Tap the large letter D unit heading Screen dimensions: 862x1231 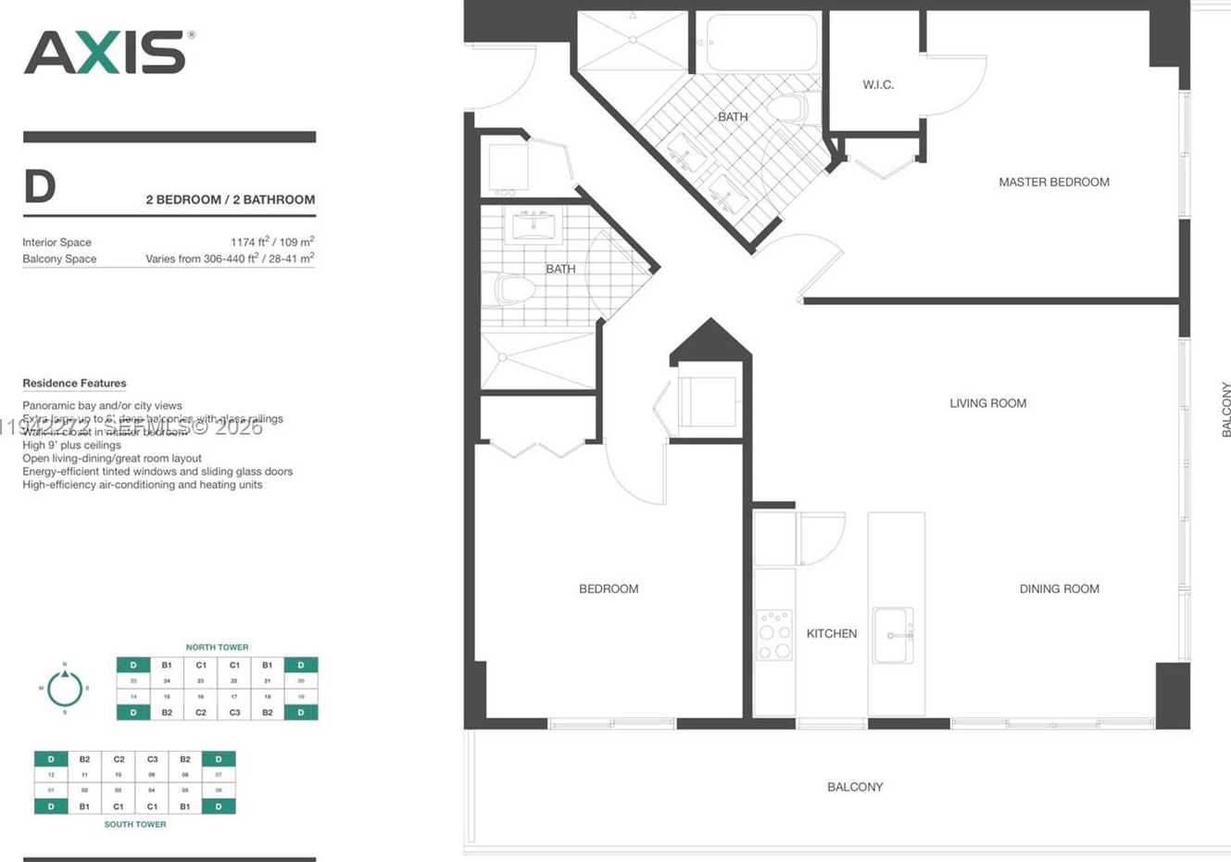[40, 186]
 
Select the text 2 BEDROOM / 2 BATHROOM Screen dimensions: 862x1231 [230, 199]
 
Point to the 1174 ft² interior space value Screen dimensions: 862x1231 [272, 242]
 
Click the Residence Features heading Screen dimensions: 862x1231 [74, 383]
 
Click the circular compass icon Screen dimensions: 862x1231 [65, 689]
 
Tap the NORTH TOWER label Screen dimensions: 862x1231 [217, 647]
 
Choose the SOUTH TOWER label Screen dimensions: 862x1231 [135, 824]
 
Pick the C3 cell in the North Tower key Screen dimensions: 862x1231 [234, 712]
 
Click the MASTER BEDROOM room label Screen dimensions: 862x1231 [1053, 182]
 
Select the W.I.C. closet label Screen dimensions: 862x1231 [877, 84]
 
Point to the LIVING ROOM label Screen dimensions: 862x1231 [987, 403]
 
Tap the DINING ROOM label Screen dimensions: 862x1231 [1059, 589]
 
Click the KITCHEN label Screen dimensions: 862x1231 [831, 634]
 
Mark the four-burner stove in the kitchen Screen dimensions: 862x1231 [774, 635]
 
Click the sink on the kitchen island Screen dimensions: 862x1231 [893, 635]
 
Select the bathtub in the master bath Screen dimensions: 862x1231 [761, 43]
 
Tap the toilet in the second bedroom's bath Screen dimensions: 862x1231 [512, 289]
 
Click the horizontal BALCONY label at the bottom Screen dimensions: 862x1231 [854, 787]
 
